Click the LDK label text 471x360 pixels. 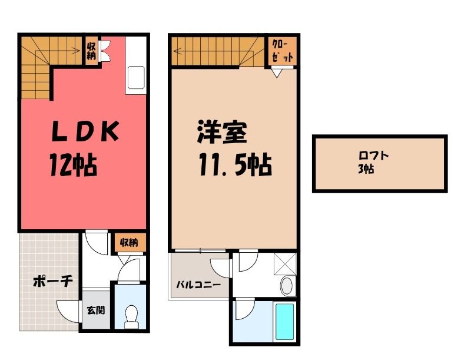(x=85, y=131)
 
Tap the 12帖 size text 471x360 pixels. (x=73, y=165)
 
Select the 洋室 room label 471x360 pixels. (x=222, y=131)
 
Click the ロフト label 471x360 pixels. (x=374, y=156)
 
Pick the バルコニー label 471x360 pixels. (x=198, y=284)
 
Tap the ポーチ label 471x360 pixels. (x=53, y=282)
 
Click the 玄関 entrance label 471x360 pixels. (x=96, y=310)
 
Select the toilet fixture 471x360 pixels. (x=131, y=317)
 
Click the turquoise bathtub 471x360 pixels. (x=284, y=321)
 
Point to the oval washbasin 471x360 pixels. (x=287, y=286)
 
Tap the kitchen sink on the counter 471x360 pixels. (x=137, y=78)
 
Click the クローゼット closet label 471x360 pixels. (x=283, y=51)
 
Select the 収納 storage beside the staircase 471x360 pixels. (x=91, y=51)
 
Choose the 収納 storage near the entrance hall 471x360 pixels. (x=129, y=243)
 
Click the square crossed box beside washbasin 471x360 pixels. (x=285, y=263)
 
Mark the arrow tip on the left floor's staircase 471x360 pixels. (x=80, y=51)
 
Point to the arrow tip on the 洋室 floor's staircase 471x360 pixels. (x=174, y=51)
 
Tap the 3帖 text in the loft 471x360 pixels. (x=366, y=169)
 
